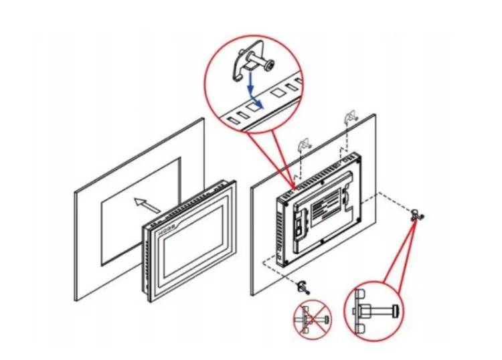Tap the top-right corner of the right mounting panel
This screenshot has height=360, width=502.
375,114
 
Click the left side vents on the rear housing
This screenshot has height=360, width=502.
280,228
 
